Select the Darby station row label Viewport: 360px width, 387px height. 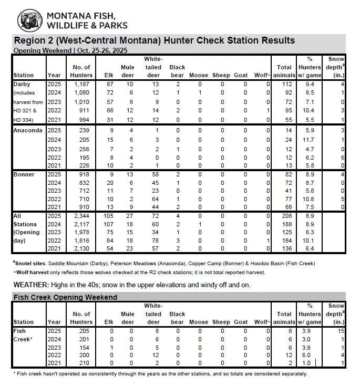(x=23, y=84)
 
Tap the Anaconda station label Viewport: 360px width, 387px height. (x=28, y=130)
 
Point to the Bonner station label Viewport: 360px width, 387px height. (x=24, y=175)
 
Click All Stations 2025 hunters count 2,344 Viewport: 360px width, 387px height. (x=82, y=216)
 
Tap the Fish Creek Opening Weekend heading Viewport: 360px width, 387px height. (x=65, y=297)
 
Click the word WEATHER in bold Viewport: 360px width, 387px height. (x=30, y=285)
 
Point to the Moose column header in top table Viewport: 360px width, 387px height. (x=199, y=75)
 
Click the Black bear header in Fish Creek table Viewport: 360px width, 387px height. (x=177, y=318)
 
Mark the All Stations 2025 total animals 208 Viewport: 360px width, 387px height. (x=284, y=216)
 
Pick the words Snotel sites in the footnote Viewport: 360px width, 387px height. (x=32, y=263)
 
